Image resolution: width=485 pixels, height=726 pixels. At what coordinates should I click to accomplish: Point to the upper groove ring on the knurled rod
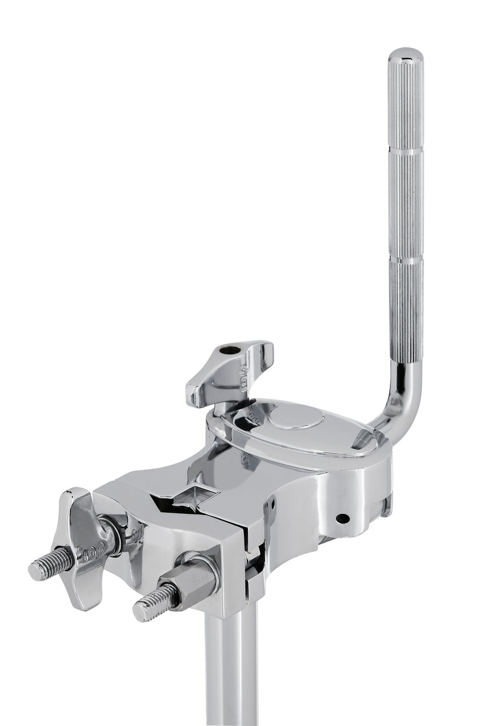pos(406,150)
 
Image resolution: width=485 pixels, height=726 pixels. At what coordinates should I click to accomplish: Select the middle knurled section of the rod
pos(406,204)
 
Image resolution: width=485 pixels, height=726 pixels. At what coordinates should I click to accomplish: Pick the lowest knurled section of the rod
pos(406,312)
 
